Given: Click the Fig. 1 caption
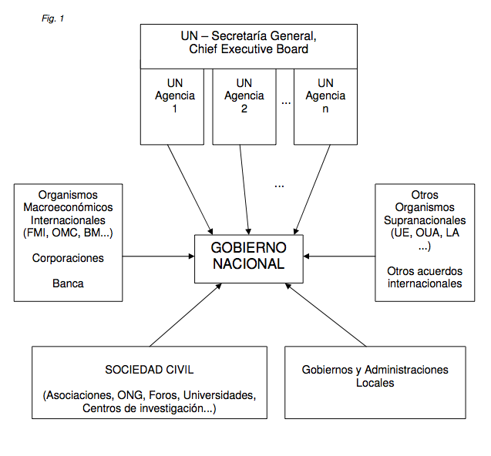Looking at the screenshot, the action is [52, 18].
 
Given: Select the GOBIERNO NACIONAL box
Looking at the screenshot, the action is [249, 259].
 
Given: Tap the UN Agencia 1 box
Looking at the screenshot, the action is [172, 107].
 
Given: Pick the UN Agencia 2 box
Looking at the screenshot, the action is [244, 107].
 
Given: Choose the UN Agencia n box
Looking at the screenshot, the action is [325, 107].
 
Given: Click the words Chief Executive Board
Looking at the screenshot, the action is [249, 49].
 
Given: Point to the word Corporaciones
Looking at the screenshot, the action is [68, 258].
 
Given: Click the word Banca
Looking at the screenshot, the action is [68, 283].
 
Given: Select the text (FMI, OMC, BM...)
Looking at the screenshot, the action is [68, 233].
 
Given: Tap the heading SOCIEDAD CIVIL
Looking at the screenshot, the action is [150, 370].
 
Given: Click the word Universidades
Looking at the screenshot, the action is [220, 395].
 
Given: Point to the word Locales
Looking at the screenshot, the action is [375, 383].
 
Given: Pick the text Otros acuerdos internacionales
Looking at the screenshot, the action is [425, 277].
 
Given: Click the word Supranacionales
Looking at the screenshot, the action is [425, 220].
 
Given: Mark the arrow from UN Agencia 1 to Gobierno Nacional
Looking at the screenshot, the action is [190, 189].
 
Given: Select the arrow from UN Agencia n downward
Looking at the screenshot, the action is [312, 189].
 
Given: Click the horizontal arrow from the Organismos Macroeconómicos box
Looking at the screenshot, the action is [159, 256].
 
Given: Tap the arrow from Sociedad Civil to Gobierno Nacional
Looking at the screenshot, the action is [186, 315].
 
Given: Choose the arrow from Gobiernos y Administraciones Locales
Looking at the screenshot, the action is [325, 315].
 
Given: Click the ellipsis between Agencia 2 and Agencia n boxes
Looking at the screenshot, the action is [286, 103].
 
